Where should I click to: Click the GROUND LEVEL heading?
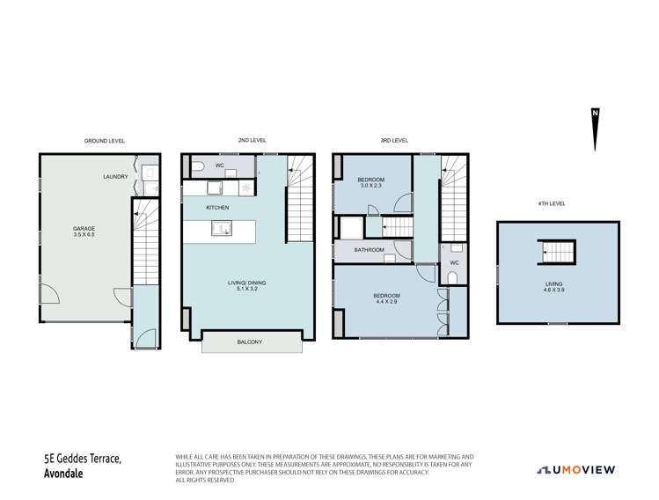coord(104,140)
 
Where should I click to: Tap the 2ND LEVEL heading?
coord(253,140)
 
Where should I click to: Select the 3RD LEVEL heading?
coord(394,140)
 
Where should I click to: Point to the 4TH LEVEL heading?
coord(552,203)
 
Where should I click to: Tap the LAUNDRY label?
coord(115,177)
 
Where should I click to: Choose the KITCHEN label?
coord(217,208)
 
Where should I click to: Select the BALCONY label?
coord(252,342)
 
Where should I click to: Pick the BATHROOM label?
coord(369,250)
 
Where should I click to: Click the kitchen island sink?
coord(223,230)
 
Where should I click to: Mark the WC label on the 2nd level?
coord(219,165)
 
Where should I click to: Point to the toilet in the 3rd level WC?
coord(453,278)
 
